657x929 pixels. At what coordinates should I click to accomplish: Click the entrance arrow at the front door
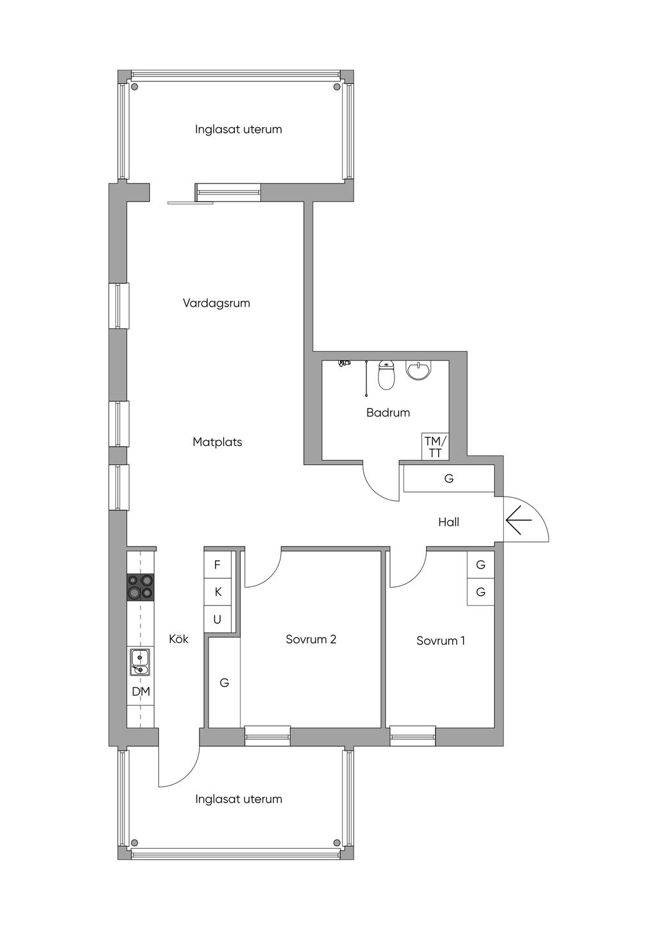(518, 520)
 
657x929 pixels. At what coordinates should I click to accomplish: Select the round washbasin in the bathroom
(418, 370)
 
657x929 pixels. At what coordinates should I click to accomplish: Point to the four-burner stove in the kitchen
(141, 586)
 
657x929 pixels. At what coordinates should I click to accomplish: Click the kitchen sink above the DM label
(140, 662)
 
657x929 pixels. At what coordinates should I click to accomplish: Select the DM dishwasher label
(141, 692)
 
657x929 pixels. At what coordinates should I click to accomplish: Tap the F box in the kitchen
(218, 565)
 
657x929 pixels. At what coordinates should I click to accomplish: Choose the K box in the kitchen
(218, 592)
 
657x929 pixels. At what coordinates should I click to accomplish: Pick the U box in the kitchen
(218, 619)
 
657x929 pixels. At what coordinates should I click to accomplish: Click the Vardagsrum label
(216, 303)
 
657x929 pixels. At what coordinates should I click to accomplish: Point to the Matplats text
(217, 442)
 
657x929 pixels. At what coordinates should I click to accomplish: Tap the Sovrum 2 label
(311, 639)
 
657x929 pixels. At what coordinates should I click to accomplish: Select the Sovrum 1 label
(441, 640)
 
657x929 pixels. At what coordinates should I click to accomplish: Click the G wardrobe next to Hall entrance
(448, 479)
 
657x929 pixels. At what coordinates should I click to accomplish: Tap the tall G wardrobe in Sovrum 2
(224, 683)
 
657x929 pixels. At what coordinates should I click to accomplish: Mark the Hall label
(448, 522)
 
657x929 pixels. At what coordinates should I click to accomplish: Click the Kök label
(178, 639)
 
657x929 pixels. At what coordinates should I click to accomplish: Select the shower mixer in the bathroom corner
(345, 364)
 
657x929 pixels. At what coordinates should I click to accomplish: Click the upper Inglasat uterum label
(238, 129)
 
